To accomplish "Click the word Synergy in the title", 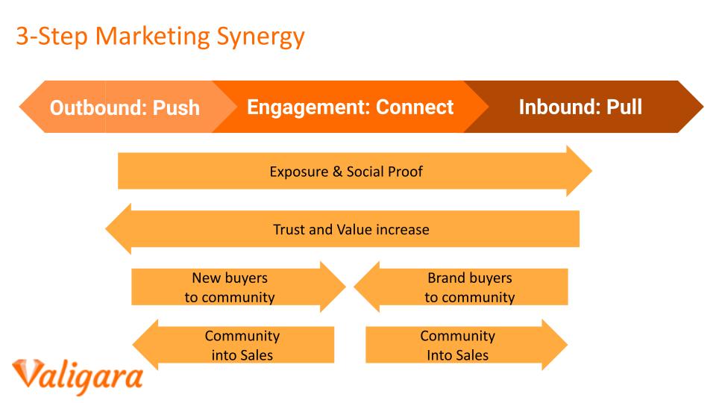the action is [x=260, y=37].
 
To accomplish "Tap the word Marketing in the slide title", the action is [x=152, y=37].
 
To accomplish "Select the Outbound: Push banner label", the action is [x=125, y=107].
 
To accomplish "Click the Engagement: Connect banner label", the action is [x=351, y=107].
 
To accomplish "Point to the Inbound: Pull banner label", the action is [x=580, y=107].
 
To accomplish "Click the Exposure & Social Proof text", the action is [x=346, y=172].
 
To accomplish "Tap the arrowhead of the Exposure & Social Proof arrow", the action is [x=579, y=171].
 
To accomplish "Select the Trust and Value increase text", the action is [x=351, y=229].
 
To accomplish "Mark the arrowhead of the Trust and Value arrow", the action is [x=119, y=228].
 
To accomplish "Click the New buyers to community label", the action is [x=230, y=287].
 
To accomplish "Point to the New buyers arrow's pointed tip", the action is [x=345, y=287].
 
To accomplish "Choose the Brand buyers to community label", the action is [x=470, y=287].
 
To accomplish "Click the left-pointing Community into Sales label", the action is [x=242, y=346].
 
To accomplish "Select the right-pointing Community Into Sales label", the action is [x=457, y=346].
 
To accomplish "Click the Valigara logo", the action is [x=78, y=376].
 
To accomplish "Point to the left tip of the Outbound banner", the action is [x=19, y=107].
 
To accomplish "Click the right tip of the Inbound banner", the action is [x=703, y=107].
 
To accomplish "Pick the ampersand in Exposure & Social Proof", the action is [x=337, y=172].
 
